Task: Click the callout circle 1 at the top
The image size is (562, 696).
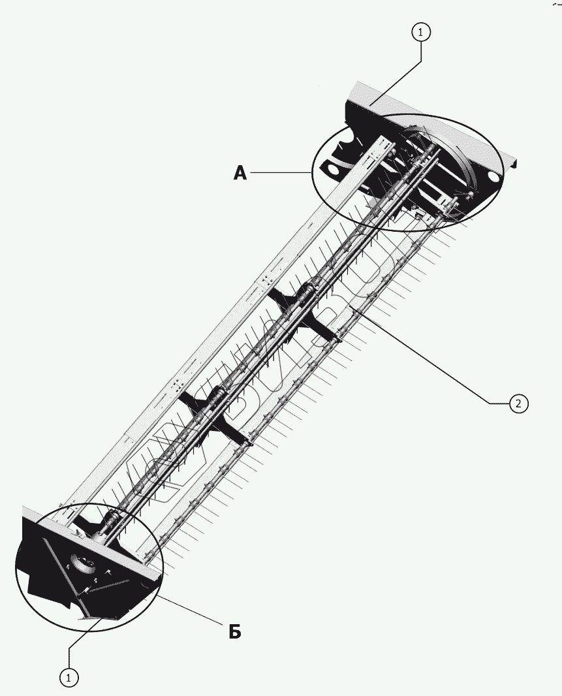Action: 421,31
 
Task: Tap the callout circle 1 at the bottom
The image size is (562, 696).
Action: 69,678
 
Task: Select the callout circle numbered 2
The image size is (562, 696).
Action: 518,403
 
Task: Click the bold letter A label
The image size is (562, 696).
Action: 240,173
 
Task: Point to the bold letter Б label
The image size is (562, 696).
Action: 235,631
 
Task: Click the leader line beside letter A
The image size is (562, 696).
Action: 281,172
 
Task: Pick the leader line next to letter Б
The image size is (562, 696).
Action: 189,610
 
